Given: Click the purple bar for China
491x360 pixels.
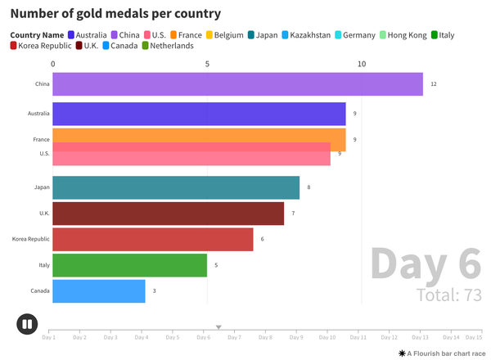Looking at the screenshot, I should (237, 84).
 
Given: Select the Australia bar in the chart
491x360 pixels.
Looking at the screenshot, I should (199, 114).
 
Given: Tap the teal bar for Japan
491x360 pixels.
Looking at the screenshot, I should (176, 187).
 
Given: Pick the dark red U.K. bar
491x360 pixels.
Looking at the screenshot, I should (169, 214).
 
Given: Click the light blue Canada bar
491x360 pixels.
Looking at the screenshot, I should (99, 291).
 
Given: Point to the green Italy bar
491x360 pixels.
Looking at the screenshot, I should (130, 265).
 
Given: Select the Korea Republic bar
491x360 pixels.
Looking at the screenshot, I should (153, 239).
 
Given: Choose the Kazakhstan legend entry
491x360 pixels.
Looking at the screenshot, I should (305, 35).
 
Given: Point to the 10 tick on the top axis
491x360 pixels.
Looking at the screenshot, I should (362, 64).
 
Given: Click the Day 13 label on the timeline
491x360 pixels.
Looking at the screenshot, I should (420, 336).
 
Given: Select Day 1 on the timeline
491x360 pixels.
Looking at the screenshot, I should (49, 336).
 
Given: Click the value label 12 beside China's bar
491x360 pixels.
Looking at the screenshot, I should (434, 84).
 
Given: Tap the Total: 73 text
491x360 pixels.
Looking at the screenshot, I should (448, 295).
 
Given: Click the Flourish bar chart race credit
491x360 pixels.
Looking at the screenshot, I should (440, 353).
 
